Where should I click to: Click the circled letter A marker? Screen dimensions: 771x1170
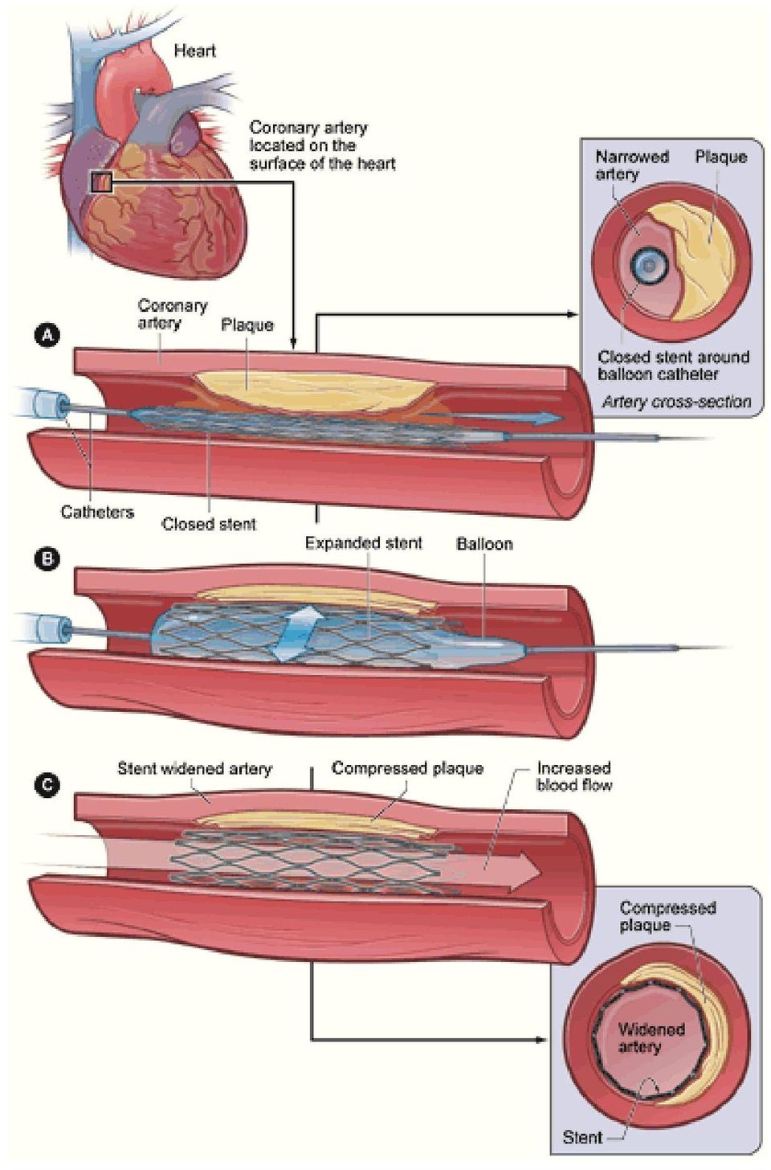(48, 336)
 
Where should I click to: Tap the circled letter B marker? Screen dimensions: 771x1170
(48, 559)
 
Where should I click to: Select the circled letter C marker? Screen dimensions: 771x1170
(48, 784)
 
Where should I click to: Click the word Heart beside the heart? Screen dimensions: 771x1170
(194, 51)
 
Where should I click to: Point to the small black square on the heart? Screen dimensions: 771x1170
(101, 182)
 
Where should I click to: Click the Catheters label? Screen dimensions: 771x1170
(98, 512)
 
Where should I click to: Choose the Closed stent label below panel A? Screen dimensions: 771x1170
(209, 524)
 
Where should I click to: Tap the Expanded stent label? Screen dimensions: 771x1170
(364, 543)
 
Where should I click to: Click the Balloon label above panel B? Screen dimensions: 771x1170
(485, 544)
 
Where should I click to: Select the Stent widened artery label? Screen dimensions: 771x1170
(194, 769)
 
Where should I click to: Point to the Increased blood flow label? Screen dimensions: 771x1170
(574, 777)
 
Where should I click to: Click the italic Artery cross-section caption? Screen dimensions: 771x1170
(676, 402)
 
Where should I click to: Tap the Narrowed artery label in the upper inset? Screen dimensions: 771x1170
(632, 165)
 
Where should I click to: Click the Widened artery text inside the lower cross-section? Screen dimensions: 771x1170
(651, 1038)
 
